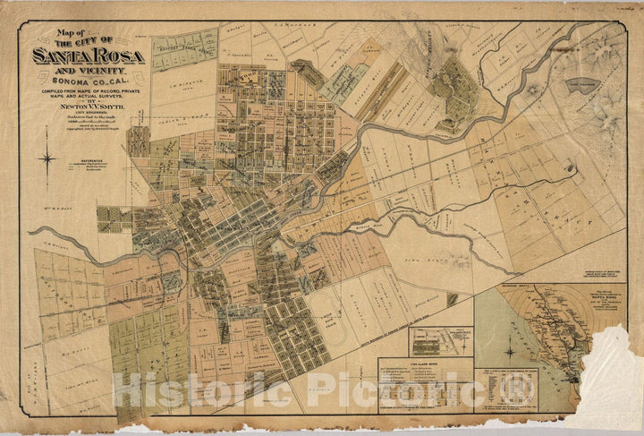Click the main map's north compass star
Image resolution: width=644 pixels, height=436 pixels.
pyautogui.click(x=47, y=159)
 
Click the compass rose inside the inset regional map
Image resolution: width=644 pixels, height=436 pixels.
pyautogui.click(x=509, y=351)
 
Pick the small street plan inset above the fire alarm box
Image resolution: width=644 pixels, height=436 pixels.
pyautogui.click(x=440, y=341)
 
